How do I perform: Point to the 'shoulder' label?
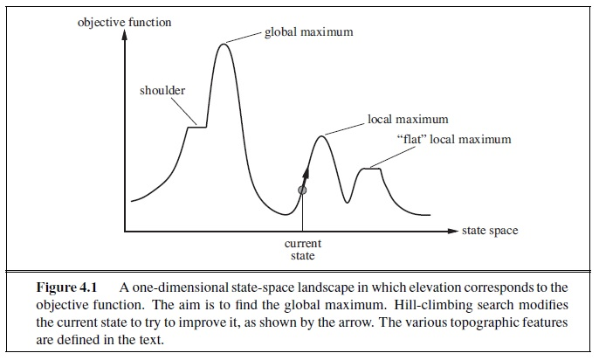pos(162,91)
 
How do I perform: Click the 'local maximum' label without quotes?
pos(408,119)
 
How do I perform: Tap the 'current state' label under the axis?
pos(303,250)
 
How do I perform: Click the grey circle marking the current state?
pos(302,190)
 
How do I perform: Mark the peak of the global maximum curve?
pos(224,43)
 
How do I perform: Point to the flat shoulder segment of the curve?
pos(197,127)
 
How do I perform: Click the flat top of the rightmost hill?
pos(372,168)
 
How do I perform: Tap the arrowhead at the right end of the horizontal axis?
pos(453,232)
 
